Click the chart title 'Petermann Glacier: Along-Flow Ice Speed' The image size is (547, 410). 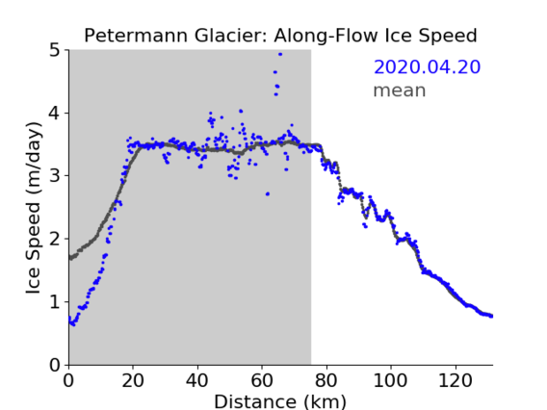[x=280, y=36]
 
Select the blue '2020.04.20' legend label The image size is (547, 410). [x=427, y=67]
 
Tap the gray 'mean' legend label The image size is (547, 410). [x=400, y=90]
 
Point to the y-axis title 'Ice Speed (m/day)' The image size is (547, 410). [x=34, y=208]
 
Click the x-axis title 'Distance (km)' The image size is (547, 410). [x=280, y=401]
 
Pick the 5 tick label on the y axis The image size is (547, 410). [x=55, y=51]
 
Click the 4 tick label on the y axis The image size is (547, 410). [x=55, y=114]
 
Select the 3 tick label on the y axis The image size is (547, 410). [x=55, y=176]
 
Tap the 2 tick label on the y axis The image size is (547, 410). [x=55, y=239]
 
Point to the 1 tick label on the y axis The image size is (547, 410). [x=55, y=302]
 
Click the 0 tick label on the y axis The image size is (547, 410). [x=55, y=365]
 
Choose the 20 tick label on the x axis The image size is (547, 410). [x=133, y=380]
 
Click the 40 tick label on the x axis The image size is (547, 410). [x=197, y=380]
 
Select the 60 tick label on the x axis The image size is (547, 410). [x=262, y=380]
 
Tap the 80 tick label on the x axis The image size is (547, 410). [x=326, y=380]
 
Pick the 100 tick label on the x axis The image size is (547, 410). [x=390, y=380]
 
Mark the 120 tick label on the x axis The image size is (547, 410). [x=455, y=380]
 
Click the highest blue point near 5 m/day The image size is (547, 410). [x=280, y=54]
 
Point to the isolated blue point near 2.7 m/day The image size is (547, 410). [x=268, y=193]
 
